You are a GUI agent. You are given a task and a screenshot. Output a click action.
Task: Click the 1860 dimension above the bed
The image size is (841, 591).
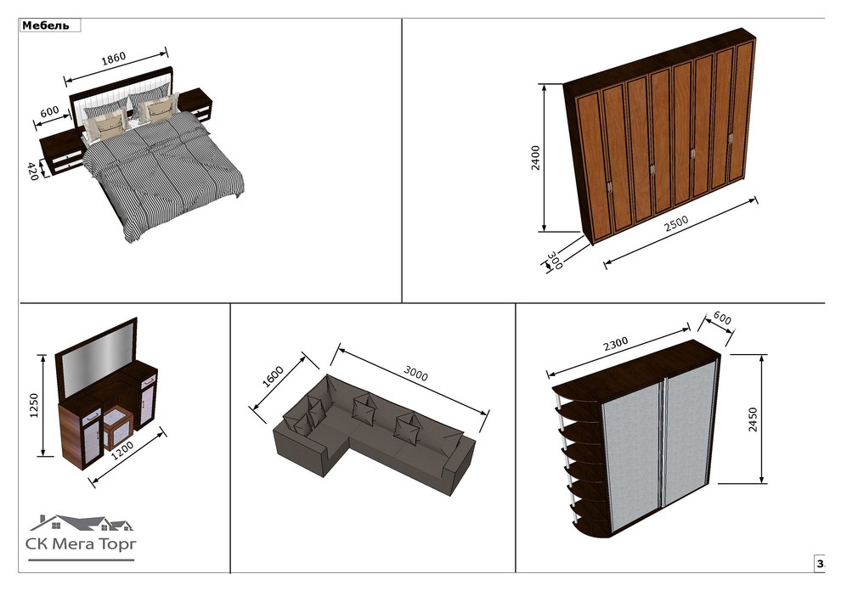pyautogui.click(x=114, y=58)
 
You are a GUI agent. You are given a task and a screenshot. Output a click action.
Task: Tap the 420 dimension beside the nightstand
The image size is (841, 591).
pyautogui.click(x=33, y=171)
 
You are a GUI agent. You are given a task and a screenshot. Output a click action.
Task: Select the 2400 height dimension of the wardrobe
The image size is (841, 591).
pyautogui.click(x=536, y=158)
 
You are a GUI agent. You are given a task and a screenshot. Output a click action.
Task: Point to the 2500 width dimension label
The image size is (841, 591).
pyautogui.click(x=676, y=223)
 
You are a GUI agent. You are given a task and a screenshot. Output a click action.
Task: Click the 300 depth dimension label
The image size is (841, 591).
pyautogui.click(x=555, y=260)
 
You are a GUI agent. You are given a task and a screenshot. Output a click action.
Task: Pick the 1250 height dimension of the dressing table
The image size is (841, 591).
pyautogui.click(x=33, y=405)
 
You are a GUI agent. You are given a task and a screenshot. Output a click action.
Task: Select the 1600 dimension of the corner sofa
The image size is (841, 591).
pyautogui.click(x=273, y=376)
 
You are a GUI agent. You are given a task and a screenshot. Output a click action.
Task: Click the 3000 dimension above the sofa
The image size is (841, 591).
pyautogui.click(x=415, y=374)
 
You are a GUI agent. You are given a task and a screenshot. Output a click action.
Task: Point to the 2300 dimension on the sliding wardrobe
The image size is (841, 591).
pyautogui.click(x=615, y=344)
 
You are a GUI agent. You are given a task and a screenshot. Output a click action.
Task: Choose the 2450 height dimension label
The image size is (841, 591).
pyautogui.click(x=753, y=419)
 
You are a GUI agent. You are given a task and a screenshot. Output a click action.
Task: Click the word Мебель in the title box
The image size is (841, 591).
pyautogui.click(x=46, y=25)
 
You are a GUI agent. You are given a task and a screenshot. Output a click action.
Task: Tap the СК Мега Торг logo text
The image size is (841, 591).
pyautogui.click(x=81, y=543)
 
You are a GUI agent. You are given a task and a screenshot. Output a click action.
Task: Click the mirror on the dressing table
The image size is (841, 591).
pyautogui.click(x=98, y=360)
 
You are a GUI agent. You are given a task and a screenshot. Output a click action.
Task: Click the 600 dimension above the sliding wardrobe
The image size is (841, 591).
pyautogui.click(x=722, y=318)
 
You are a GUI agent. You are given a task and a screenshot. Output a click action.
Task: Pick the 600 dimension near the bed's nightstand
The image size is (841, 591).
pyautogui.click(x=49, y=112)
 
